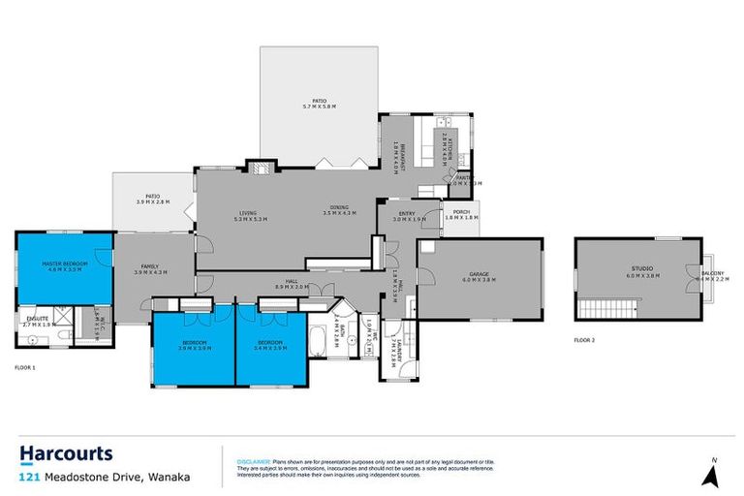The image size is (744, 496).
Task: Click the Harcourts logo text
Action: pos(66,453)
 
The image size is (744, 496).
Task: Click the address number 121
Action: pos(28,477)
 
